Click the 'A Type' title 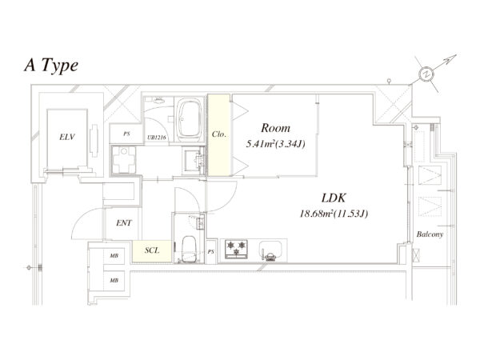[x=50, y=66]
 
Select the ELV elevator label [x=67, y=138]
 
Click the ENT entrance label [x=124, y=224]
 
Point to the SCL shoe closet [x=151, y=250]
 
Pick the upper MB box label [x=114, y=258]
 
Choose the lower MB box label [x=114, y=281]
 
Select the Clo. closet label [x=219, y=135]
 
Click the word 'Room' [x=275, y=128]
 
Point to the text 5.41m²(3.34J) [x=275, y=145]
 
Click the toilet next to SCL [x=190, y=251]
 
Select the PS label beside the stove [x=211, y=252]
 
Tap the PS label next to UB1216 [x=126, y=134]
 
